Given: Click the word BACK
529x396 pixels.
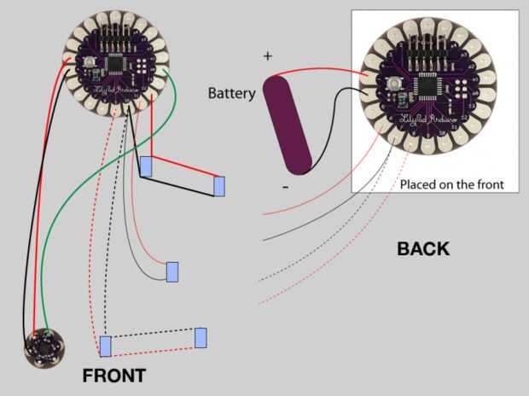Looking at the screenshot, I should coord(423,250).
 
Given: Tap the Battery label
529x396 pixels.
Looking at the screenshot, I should coord(231,93).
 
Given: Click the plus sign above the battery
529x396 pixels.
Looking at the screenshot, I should coord(268,57).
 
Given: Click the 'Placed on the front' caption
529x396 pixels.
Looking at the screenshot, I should coord(452,183).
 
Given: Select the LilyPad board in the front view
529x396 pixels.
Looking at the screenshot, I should coord(117,65).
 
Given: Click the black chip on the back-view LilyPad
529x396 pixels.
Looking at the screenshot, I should coord(425,87).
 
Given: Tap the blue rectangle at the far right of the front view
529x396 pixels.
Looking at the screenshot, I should coord(219,186).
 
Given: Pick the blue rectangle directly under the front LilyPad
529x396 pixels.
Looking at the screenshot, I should coord(147,166).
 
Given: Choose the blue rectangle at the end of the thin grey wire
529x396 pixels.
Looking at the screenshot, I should coord(172,272).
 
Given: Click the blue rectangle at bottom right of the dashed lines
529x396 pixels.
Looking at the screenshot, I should coord(201,337).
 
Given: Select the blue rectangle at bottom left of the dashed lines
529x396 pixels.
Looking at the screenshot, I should coord(105,346).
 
